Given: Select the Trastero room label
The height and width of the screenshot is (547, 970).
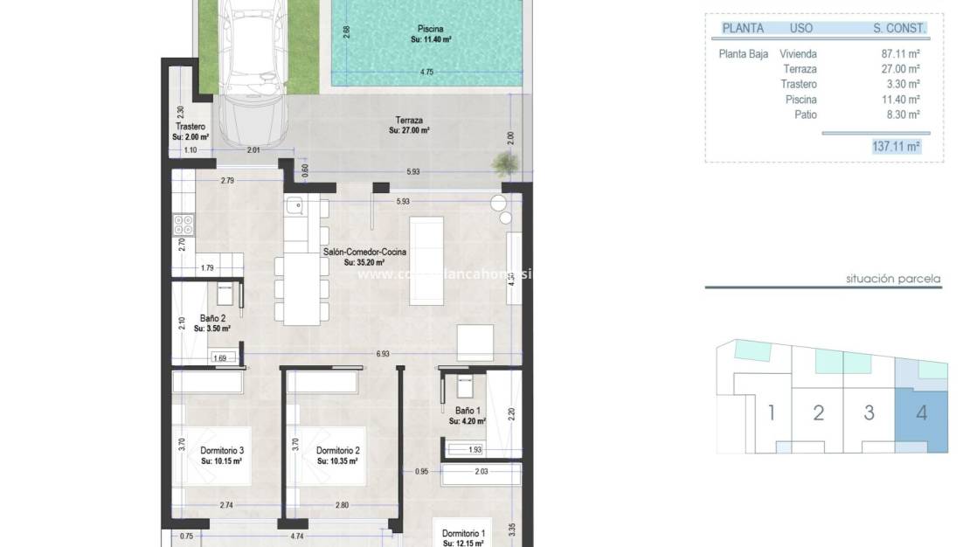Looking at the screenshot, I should pos(190,128).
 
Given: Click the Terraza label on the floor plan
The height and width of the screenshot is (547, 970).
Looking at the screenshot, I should pos(409,121).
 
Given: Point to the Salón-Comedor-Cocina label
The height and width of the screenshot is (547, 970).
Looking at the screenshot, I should pos(364,252).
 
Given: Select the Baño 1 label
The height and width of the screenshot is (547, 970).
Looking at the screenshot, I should pos(467,411).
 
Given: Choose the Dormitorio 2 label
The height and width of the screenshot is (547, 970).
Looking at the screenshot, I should pos(337,450).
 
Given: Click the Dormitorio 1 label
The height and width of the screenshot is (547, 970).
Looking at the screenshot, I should pos(463,533).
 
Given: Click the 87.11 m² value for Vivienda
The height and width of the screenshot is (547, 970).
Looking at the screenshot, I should pos(900,53).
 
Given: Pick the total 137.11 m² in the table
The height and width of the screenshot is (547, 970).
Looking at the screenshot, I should pos(896,146).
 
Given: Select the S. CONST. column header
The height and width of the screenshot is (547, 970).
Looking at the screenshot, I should pos(898,28).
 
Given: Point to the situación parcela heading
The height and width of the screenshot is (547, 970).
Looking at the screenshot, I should pos(893,280).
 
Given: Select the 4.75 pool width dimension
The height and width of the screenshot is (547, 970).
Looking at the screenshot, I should pos(426,73).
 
